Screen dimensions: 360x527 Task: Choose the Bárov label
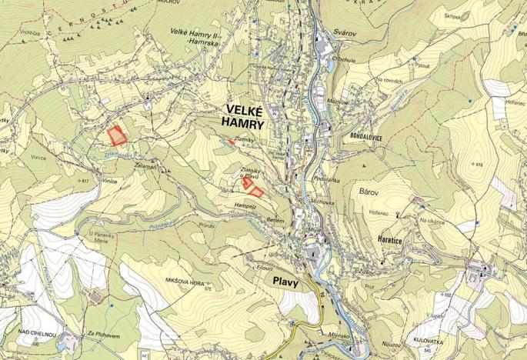pyautogui.click(x=370, y=188)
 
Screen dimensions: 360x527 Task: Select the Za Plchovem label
pyautogui.click(x=101, y=335)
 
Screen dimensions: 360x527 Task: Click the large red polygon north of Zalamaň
pyautogui.click(x=116, y=136)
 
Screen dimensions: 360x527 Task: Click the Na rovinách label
pyautogui.click(x=390, y=79)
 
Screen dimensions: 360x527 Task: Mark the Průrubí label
pyautogui.click(x=206, y=225)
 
